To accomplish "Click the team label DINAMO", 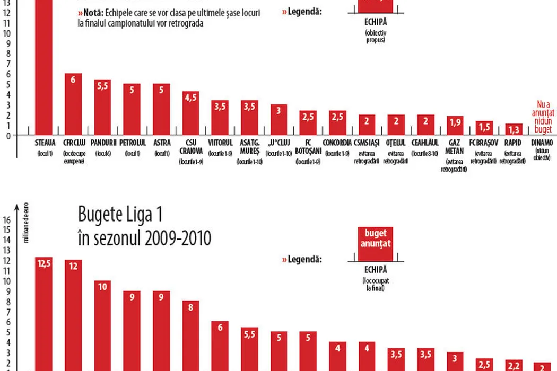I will (x=542, y=143).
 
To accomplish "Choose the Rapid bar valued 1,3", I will (x=514, y=129).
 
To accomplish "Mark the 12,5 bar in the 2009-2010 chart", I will (x=44, y=313).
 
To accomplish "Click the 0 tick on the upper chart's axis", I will (x=7, y=135).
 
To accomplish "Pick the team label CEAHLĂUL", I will (x=425, y=143).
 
